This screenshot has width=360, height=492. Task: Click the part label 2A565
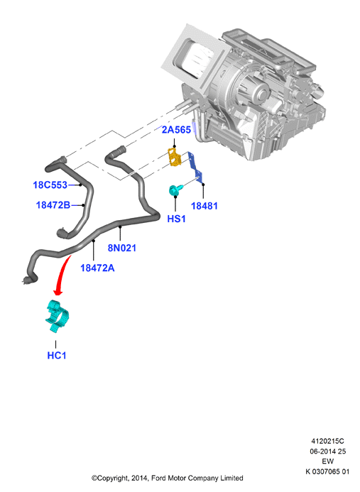click(176, 130)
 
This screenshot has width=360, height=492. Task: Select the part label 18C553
click(50, 185)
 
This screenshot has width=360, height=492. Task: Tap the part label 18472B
click(53, 205)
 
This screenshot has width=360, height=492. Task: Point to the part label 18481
click(204, 206)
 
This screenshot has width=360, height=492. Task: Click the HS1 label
click(176, 219)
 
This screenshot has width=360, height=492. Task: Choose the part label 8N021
click(122, 248)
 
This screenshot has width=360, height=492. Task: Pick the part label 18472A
click(97, 268)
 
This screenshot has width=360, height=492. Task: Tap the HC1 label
click(57, 356)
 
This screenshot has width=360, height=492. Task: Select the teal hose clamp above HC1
click(57, 316)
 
